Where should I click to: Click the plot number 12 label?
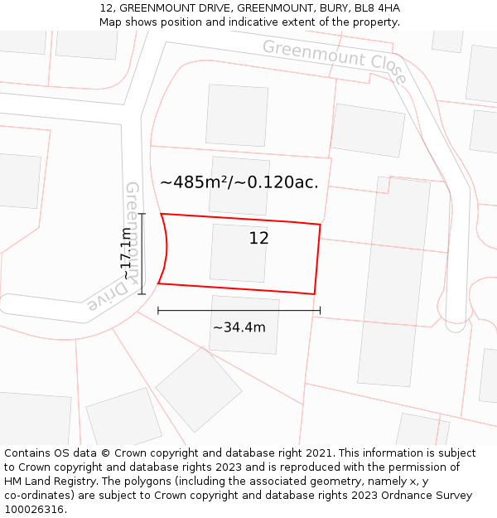point(258,239)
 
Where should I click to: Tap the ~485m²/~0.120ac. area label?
point(239,182)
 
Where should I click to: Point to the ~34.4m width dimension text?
point(239,327)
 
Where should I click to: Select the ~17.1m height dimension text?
point(127,254)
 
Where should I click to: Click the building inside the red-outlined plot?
point(239,253)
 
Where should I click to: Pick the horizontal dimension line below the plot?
point(239,311)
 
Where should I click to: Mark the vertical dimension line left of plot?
point(142,254)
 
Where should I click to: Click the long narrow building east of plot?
point(393,280)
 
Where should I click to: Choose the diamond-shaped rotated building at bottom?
point(199,389)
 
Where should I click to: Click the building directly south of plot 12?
point(244,324)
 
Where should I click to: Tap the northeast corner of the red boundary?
point(320,224)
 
